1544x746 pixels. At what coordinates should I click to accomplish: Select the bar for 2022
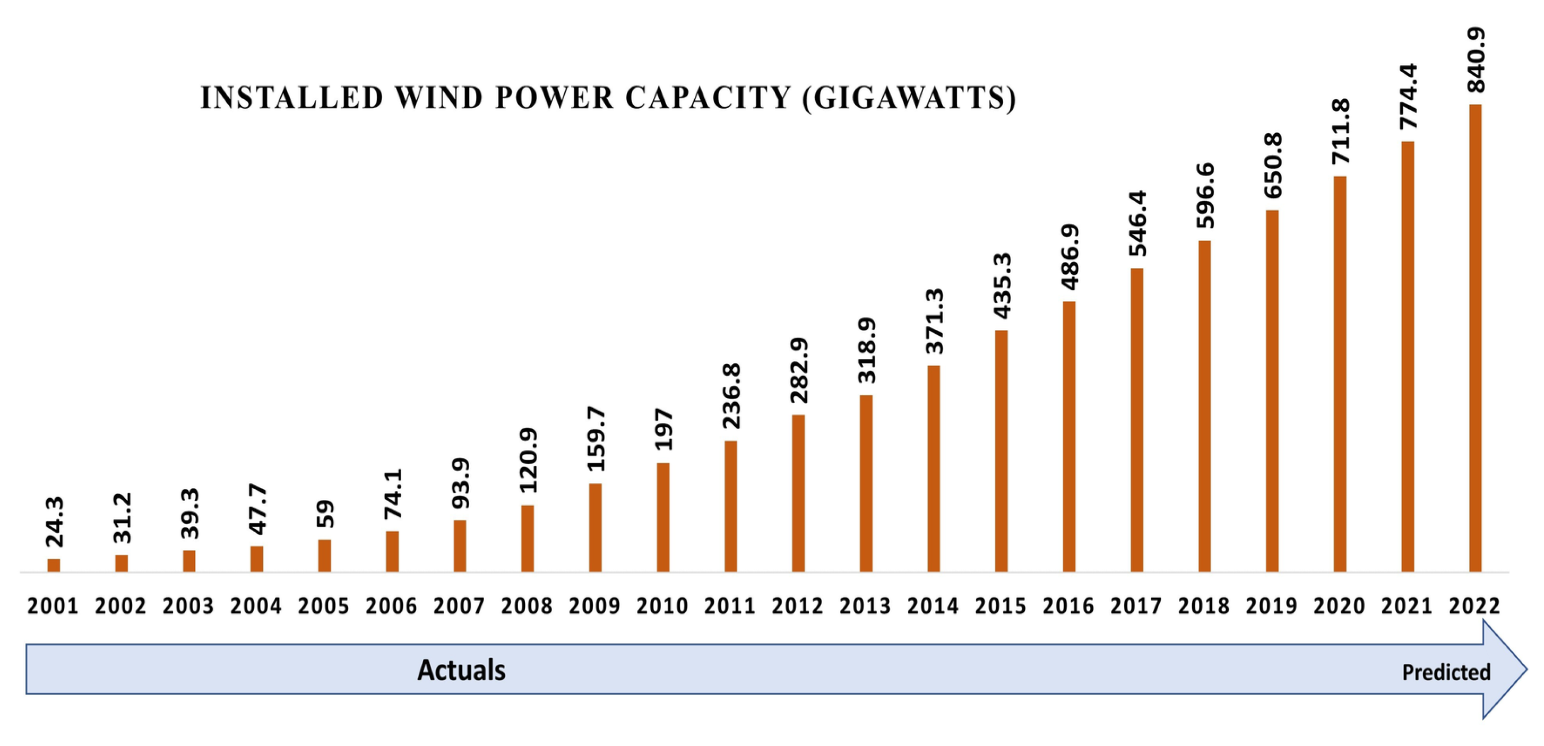pyautogui.click(x=1475, y=338)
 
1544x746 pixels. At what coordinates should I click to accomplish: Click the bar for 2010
pyautogui.click(x=663, y=517)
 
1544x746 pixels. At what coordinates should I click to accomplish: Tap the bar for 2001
pyautogui.click(x=54, y=565)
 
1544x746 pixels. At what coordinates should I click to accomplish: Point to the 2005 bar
pyautogui.click(x=324, y=556)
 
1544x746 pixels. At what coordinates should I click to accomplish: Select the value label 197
pyautogui.click(x=663, y=429)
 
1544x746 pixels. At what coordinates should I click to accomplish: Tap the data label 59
pyautogui.click(x=324, y=514)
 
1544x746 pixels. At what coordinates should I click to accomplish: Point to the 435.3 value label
pyautogui.click(x=1002, y=286)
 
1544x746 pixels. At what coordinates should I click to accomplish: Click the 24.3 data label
pyautogui.click(x=54, y=522)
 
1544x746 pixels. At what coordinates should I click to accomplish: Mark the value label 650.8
pyautogui.click(x=1272, y=166)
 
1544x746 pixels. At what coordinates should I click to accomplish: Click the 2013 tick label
pyautogui.click(x=865, y=606)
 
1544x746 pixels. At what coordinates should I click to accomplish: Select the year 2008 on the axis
pyautogui.click(x=527, y=606)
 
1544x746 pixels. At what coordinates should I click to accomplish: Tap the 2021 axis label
pyautogui.click(x=1407, y=606)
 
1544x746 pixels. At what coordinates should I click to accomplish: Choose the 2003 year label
pyautogui.click(x=188, y=606)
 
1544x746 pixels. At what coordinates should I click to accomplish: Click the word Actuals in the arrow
pyautogui.click(x=461, y=670)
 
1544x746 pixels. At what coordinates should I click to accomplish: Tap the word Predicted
pyautogui.click(x=1446, y=672)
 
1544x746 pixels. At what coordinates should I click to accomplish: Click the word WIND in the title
pyautogui.click(x=439, y=98)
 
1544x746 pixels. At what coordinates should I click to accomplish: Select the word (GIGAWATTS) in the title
pyautogui.click(x=909, y=98)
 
